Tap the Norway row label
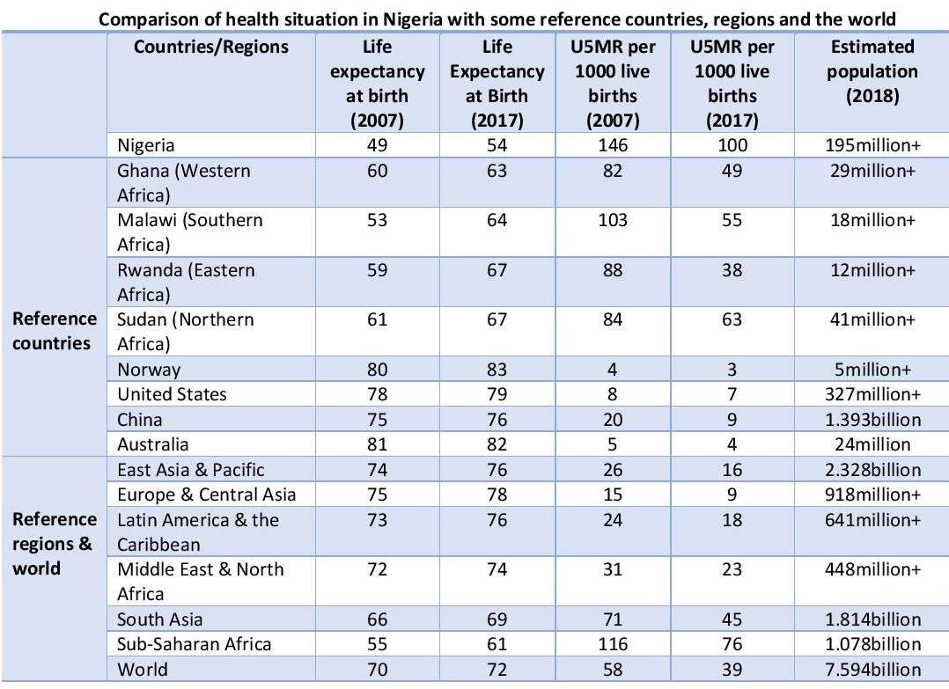(x=150, y=370)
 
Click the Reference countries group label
(x=55, y=331)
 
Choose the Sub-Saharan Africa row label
(x=195, y=644)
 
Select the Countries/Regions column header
(x=211, y=47)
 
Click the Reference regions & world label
(x=55, y=544)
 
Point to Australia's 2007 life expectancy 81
(x=377, y=445)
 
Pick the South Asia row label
(x=160, y=619)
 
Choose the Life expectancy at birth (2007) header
(x=377, y=84)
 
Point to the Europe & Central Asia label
(x=207, y=495)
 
